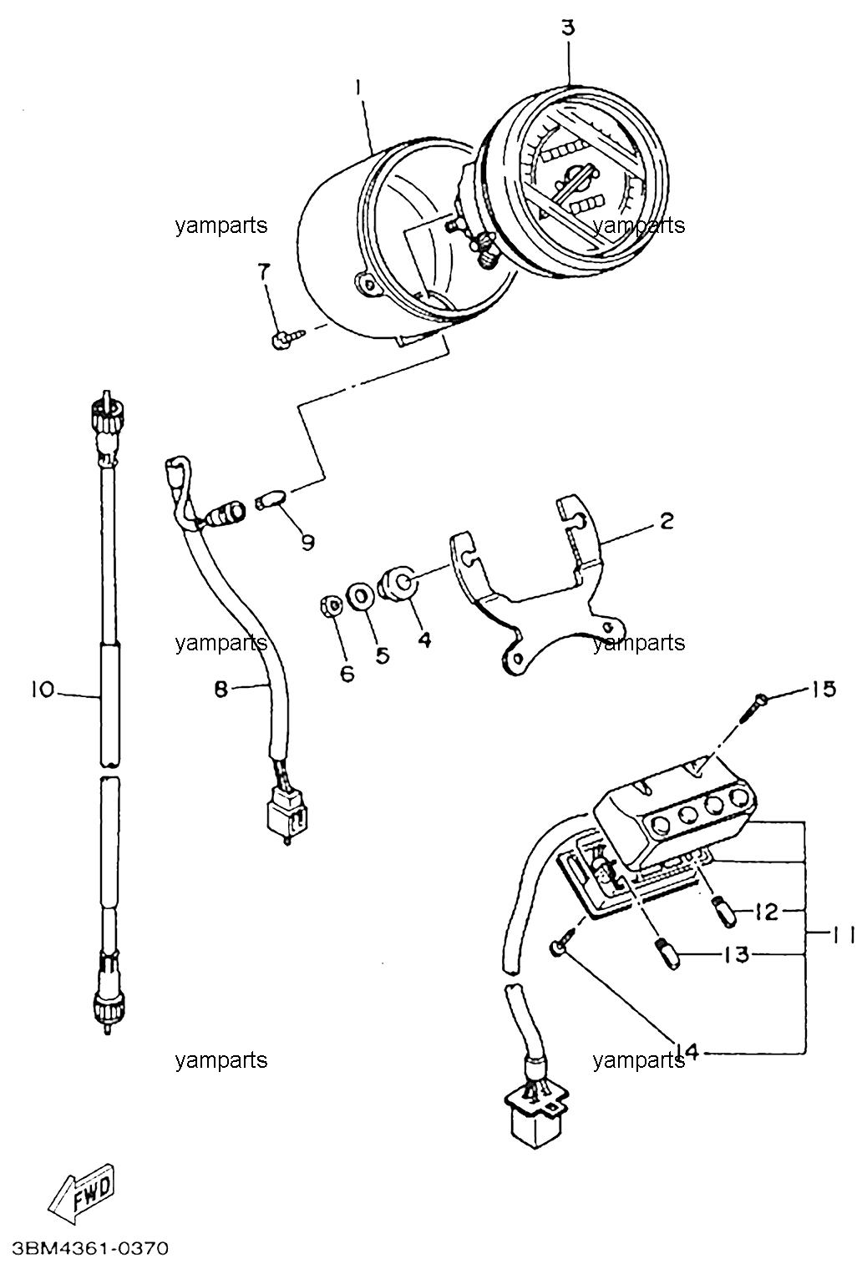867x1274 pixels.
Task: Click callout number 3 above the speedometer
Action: (x=568, y=28)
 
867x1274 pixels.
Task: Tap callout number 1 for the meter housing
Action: (x=358, y=88)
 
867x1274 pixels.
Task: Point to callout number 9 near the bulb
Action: (x=307, y=543)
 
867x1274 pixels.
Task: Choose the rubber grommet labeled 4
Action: (x=396, y=582)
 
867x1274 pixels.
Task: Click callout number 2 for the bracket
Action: (x=667, y=521)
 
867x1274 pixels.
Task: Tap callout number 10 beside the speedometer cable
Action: (x=43, y=690)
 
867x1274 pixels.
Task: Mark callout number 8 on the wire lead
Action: (x=221, y=690)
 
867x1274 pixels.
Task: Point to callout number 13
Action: (x=738, y=955)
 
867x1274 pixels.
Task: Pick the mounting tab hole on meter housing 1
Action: (x=366, y=285)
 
